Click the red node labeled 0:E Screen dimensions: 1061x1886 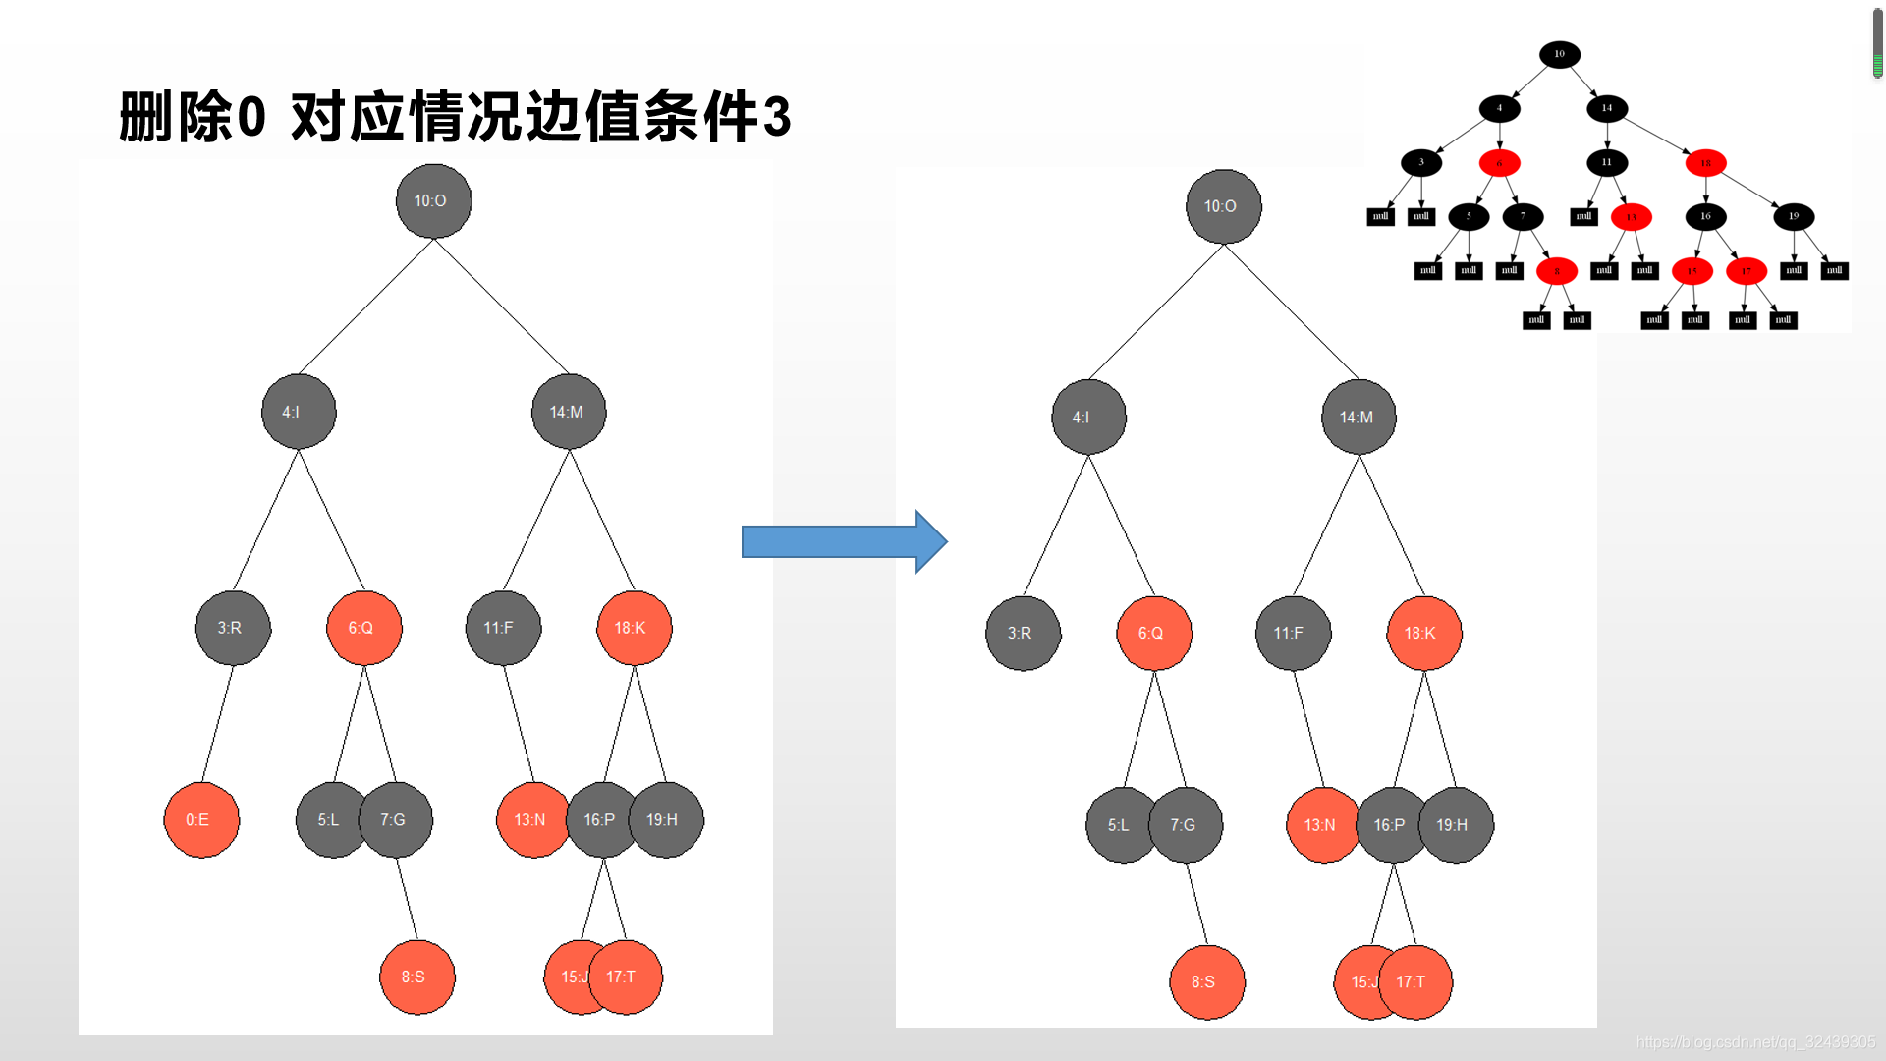201,820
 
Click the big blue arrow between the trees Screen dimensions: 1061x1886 844,541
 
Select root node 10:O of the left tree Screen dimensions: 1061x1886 433,201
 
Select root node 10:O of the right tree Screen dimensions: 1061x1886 1223,206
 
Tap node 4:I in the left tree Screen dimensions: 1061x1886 299,412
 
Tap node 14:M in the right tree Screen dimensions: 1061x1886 1359,418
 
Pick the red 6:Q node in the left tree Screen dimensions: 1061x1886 363,628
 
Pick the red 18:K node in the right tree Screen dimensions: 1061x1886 1423,634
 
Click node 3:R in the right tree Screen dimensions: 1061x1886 1023,634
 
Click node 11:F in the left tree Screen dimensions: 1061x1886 502,628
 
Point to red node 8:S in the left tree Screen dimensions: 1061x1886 416,977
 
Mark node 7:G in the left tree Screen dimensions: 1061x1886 396,820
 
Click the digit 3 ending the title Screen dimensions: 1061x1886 776,117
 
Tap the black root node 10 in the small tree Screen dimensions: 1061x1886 1559,54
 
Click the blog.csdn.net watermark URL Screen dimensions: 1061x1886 1755,1042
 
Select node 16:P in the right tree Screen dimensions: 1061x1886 1390,825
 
